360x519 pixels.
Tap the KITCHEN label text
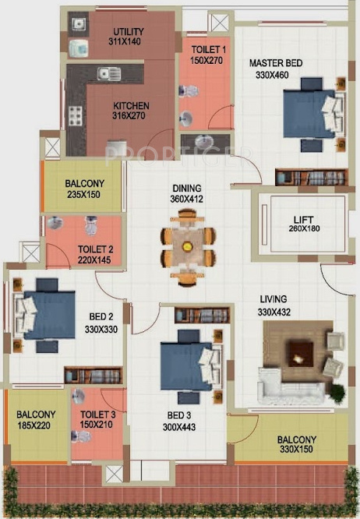[131, 106]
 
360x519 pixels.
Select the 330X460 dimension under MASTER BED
[271, 75]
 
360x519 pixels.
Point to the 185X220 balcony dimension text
[37, 425]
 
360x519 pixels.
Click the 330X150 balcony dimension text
[296, 450]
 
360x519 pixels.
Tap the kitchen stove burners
[76, 116]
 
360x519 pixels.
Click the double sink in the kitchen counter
[109, 74]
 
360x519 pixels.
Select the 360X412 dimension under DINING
[187, 199]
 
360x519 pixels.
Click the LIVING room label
[274, 298]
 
